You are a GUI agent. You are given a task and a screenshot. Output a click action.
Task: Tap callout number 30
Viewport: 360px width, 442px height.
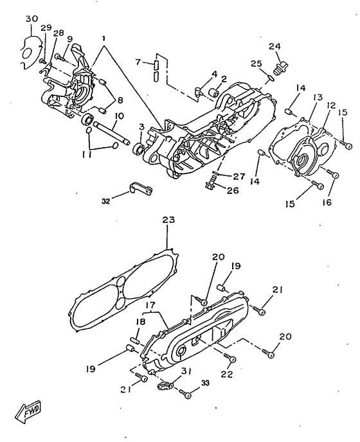(32, 19)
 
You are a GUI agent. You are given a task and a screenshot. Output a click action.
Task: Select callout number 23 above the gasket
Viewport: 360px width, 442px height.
(168, 220)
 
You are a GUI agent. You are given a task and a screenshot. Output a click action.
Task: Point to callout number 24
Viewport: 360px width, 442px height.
(274, 46)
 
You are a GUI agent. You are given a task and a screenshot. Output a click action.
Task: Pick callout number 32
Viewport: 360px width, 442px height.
(105, 202)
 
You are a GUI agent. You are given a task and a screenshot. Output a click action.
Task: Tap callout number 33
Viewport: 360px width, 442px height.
(205, 384)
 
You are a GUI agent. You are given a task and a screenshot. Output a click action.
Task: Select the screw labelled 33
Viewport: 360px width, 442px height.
(186, 394)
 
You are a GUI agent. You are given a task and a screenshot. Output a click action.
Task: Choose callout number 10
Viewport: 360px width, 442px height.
(119, 116)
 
